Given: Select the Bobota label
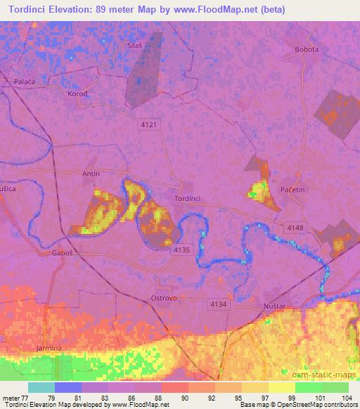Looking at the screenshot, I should [307, 50].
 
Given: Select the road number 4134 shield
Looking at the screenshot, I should [217, 304].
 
